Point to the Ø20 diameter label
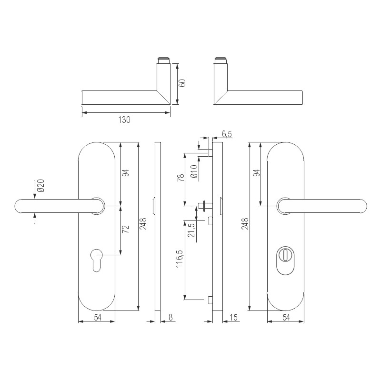point(40,186)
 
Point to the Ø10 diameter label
point(194,170)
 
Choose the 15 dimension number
point(233,317)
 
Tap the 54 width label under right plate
point(285,317)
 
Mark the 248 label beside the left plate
point(143,224)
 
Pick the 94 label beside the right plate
point(256,173)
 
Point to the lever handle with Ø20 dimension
point(57,206)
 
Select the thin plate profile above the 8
point(158,229)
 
